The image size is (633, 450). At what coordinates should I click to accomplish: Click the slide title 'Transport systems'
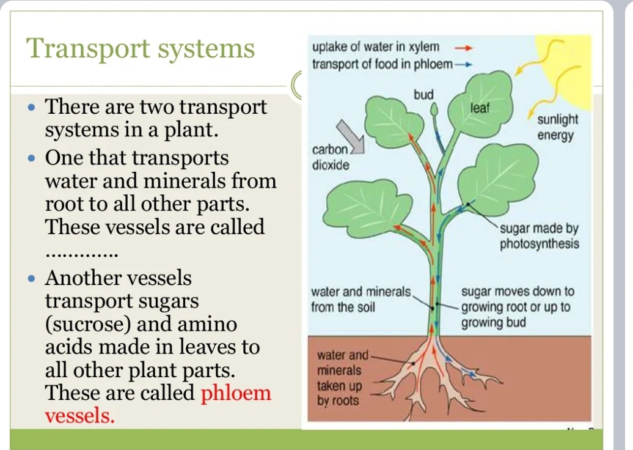pos(141,48)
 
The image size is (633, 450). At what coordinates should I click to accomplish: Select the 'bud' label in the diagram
pos(423,95)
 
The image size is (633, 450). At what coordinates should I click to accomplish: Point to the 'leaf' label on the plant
pos(481,108)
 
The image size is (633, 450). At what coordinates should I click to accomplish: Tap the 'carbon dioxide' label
pos(331,157)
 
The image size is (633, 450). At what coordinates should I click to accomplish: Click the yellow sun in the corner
pos(568,55)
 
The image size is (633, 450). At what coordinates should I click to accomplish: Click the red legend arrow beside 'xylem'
pos(465,46)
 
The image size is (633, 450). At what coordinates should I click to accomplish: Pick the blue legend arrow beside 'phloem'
pos(465,64)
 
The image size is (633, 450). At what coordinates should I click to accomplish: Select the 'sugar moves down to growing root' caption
pos(517,307)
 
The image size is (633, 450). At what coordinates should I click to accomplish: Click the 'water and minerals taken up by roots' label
pos(342,378)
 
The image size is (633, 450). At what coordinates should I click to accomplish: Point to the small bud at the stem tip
pos(435,110)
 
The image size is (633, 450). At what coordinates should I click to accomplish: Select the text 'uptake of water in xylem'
pos(375,47)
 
